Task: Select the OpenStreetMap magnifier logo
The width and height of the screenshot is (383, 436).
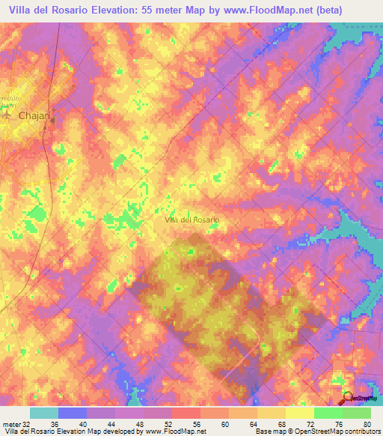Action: [x=348, y=399]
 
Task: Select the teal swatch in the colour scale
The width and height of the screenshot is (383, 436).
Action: [x=43, y=413]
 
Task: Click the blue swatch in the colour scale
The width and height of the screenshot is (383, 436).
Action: [x=72, y=413]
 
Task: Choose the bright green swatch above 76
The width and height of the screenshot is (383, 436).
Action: [x=328, y=413]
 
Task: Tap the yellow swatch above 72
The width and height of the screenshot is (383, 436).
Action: [x=299, y=413]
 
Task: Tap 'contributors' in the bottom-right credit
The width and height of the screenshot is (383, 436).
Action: [x=361, y=432]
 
